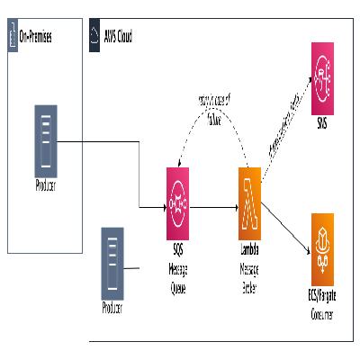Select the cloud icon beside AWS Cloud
pos(95,36)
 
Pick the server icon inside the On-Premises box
pos(47,138)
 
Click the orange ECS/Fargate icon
pos(322,241)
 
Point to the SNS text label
pos(322,122)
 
